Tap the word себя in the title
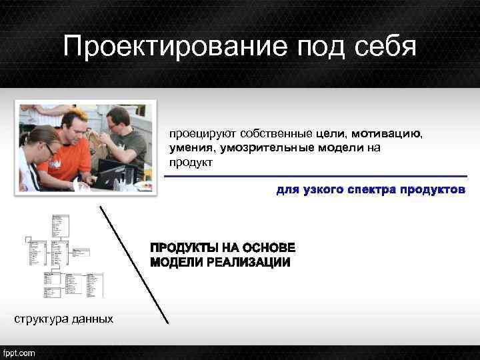point(381,47)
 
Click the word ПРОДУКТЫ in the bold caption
point(186,248)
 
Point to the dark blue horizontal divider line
point(313,177)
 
